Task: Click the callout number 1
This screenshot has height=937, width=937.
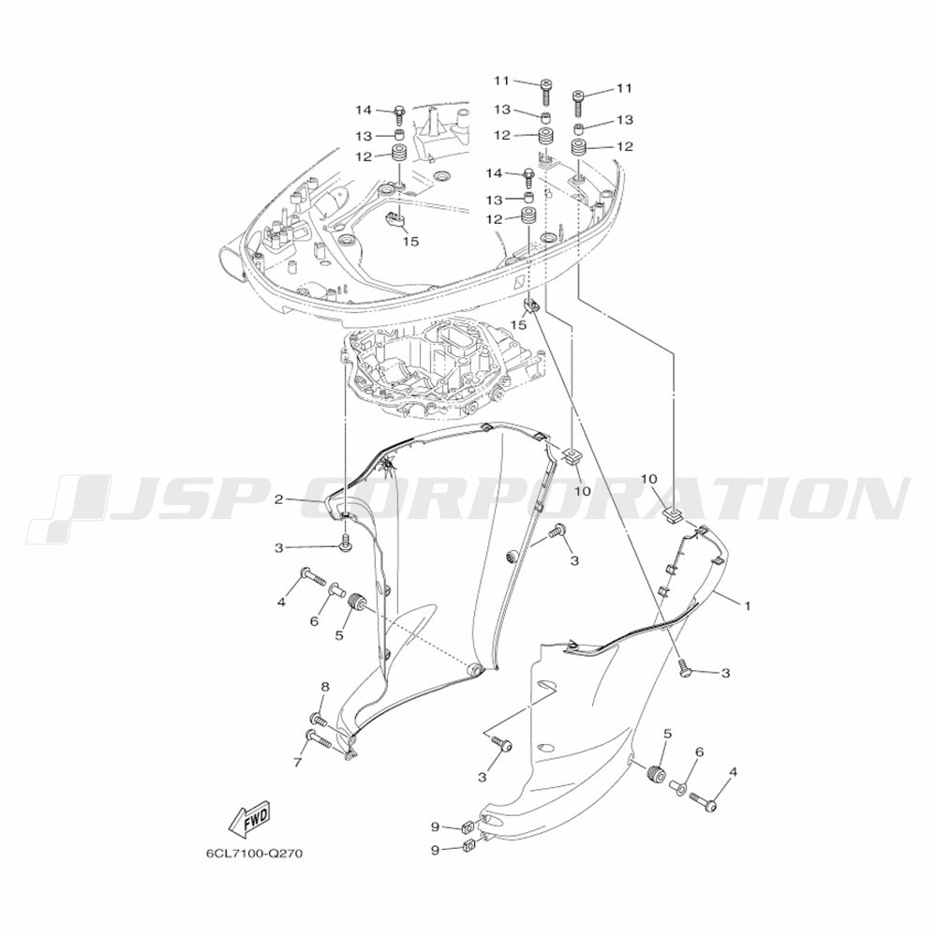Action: point(747,606)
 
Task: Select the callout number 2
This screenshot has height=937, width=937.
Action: point(278,499)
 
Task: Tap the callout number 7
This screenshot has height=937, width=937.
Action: point(298,762)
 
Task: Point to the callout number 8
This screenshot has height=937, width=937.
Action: point(325,687)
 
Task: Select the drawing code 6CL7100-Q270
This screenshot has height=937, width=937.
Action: point(255,853)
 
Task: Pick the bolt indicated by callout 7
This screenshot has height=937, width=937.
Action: point(319,740)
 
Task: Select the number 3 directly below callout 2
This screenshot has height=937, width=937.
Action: point(278,547)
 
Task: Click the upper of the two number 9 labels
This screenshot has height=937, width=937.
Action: point(435,827)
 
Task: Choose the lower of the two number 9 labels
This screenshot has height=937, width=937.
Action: point(435,849)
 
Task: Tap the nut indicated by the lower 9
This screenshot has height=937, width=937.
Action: point(469,845)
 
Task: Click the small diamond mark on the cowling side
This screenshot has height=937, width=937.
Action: point(519,285)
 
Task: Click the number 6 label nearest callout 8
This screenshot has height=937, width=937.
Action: point(314,621)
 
